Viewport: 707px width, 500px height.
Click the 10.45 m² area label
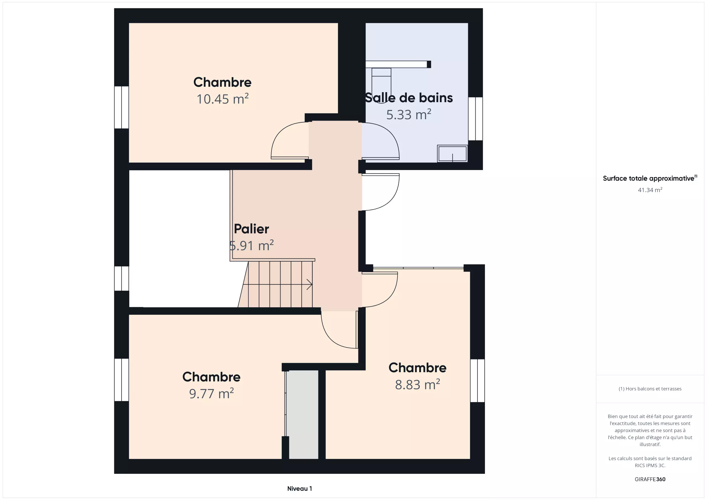[x=222, y=99]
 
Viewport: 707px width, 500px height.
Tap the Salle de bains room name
[x=409, y=98]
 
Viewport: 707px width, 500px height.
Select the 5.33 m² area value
[x=409, y=115]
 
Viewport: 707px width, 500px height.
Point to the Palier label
[x=251, y=229]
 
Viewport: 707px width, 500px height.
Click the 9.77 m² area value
[x=211, y=393]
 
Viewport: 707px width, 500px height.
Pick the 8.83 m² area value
[x=417, y=385]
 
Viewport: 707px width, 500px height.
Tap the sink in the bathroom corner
[x=452, y=153]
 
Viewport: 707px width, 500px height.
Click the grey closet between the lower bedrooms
[x=303, y=414]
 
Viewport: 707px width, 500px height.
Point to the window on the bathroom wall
[x=476, y=119]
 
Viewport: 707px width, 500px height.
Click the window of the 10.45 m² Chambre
[x=122, y=107]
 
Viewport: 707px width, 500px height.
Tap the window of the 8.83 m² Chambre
[x=478, y=380]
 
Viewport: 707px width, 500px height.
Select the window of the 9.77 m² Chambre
[x=122, y=380]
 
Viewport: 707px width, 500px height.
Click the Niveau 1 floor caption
[x=299, y=489]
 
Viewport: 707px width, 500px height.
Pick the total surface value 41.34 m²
[x=650, y=190]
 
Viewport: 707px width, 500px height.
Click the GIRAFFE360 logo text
[x=650, y=479]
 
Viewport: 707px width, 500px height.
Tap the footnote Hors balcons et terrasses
[x=650, y=389]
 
